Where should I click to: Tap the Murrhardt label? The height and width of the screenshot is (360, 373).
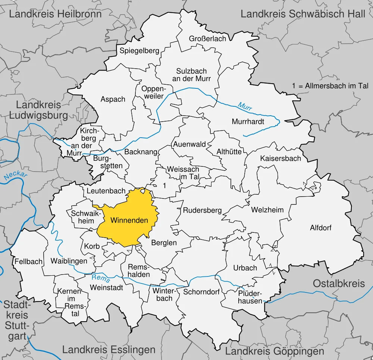coord(248,122)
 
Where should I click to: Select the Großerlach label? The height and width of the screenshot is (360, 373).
coord(207,38)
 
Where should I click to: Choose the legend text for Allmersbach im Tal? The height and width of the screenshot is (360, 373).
coord(330,86)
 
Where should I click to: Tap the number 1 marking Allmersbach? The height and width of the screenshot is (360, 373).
coord(164,185)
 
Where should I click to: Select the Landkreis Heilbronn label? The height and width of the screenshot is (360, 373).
coord(55,14)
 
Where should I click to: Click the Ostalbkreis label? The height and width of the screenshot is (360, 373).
coord(339,283)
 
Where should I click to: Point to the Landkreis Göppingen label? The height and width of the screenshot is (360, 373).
coord(275,351)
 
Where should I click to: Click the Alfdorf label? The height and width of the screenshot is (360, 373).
coord(321,228)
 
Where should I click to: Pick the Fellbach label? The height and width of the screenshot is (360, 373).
coord(29,262)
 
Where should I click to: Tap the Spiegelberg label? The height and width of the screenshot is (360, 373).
coord(139,51)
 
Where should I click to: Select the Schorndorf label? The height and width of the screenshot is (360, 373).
coord(201,292)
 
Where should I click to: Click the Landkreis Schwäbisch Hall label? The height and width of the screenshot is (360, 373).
coord(303,14)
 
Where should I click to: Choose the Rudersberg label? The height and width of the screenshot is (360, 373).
coord(202,210)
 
